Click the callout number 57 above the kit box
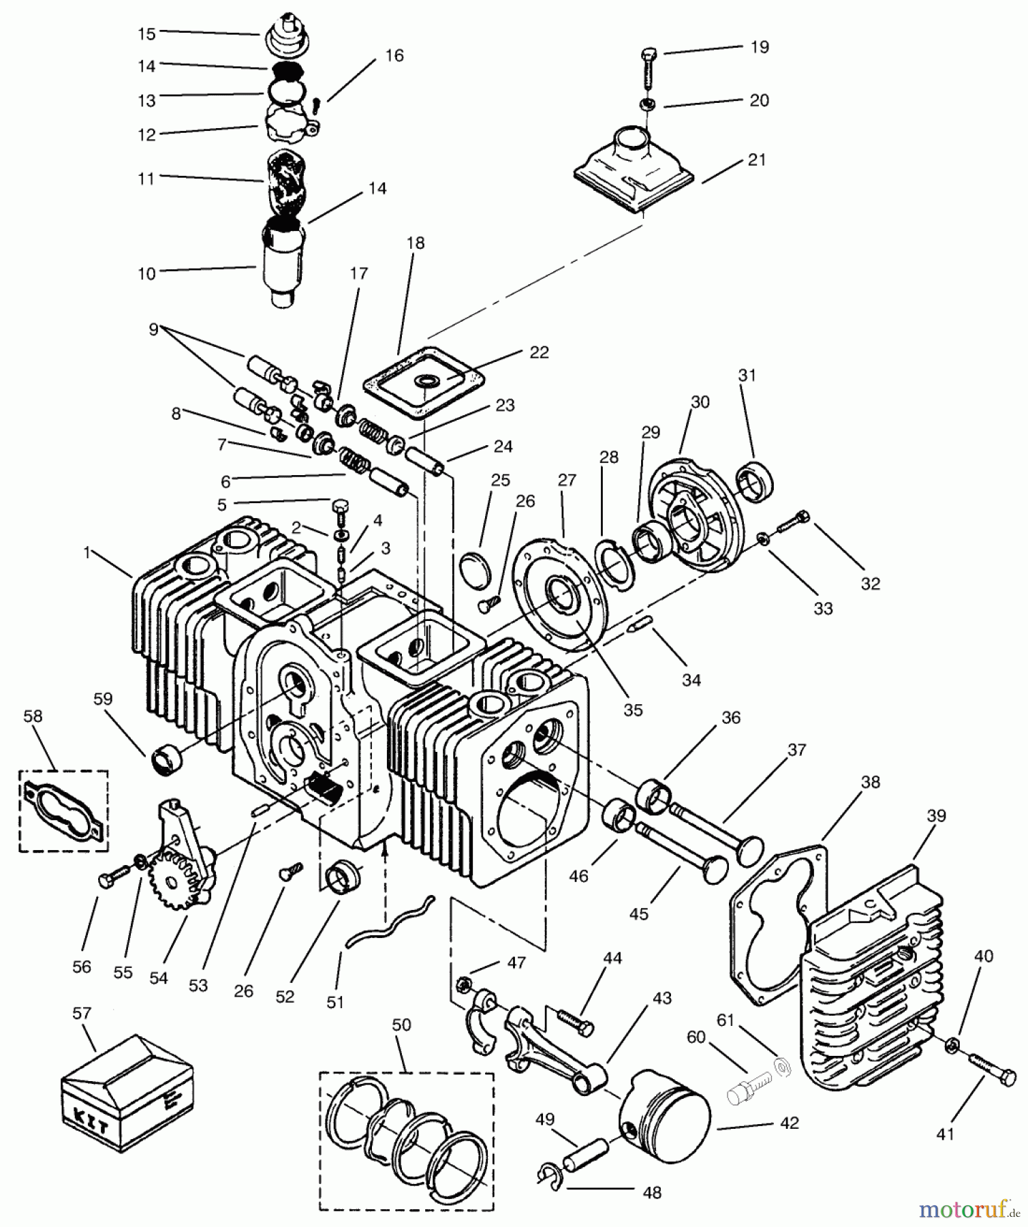(81, 1014)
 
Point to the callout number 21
(757, 160)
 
